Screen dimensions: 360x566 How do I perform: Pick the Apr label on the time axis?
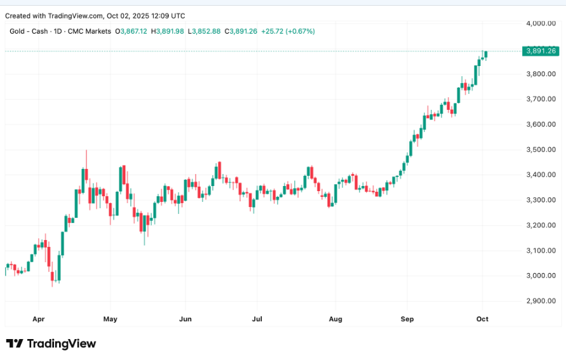coord(38,319)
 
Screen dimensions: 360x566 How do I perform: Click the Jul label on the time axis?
coord(257,319)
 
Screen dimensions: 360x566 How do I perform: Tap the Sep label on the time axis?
coord(407,319)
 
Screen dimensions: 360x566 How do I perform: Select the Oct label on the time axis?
coord(482,319)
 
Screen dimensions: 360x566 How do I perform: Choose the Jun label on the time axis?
coord(185,319)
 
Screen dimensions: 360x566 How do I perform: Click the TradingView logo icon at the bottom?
coord(15,343)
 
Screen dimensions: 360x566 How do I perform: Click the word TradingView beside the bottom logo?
coord(62,343)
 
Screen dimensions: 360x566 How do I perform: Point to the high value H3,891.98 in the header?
coord(167,31)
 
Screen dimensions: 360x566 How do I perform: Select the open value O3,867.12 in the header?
coord(131,31)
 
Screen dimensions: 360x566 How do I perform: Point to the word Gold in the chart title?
coord(17,31)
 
